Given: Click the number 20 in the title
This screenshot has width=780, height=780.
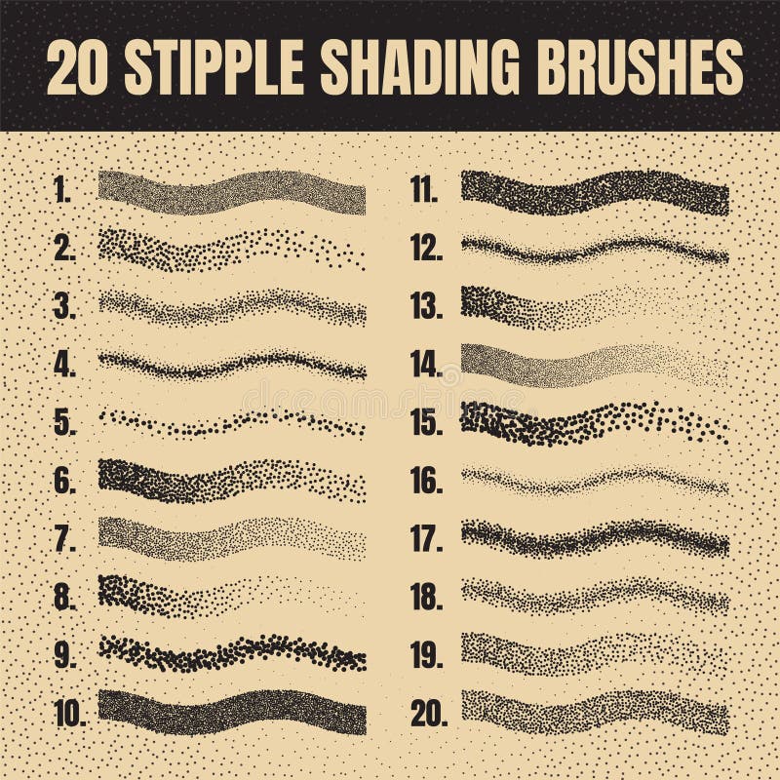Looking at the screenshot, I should point(79,66).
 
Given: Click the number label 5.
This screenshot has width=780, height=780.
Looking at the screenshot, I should point(64,424).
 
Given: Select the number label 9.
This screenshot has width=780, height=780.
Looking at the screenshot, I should point(64,656).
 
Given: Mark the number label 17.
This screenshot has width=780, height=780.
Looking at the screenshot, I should point(426,540).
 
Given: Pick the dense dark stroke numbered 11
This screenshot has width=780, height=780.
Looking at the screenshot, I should point(595,193).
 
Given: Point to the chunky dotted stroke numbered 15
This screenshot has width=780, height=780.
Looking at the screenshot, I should point(595,422).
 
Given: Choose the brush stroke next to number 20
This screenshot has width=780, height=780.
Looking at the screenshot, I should point(595,712).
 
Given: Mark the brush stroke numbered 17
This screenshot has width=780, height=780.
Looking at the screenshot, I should point(595,537).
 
